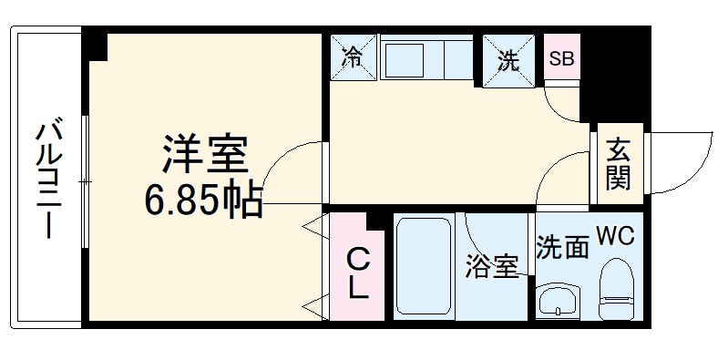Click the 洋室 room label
point(204,155)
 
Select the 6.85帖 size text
point(204,199)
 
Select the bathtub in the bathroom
point(425,267)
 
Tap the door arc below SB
point(567,102)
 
